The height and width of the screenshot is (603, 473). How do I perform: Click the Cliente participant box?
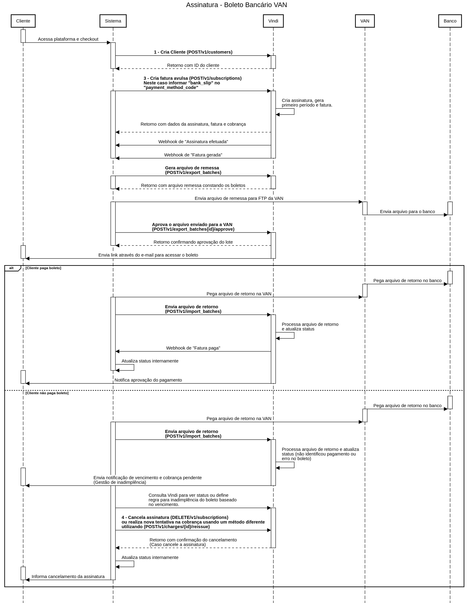[x=23, y=21]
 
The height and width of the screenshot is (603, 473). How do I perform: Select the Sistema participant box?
[x=113, y=21]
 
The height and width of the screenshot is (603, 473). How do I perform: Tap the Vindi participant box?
[x=273, y=21]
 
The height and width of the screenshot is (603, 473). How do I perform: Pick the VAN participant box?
[x=365, y=21]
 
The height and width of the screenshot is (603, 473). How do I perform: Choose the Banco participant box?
[x=450, y=21]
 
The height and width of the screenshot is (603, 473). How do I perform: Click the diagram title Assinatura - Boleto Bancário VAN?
[x=236, y=5]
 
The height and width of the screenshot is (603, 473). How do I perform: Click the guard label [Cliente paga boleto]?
[x=43, y=268]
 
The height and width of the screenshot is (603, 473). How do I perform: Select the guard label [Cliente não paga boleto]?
[x=47, y=393]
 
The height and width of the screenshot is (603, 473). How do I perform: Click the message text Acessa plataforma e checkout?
[x=68, y=39]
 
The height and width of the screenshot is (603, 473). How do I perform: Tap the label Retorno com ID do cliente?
[x=193, y=65]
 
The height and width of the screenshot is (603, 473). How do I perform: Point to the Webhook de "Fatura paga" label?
[x=193, y=348]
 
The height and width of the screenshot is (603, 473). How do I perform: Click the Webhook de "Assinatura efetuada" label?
[x=193, y=142]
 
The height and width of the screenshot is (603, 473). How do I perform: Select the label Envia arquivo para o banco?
[x=407, y=212]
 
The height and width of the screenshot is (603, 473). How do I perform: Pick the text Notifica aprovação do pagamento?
[x=148, y=380]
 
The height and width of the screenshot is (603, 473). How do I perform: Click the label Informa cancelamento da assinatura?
[x=68, y=577]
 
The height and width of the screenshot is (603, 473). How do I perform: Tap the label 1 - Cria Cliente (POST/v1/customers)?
[x=193, y=52]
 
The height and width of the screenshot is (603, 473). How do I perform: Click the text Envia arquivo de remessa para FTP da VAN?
[x=239, y=198]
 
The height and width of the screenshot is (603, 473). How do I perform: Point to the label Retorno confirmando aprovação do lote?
[x=193, y=242]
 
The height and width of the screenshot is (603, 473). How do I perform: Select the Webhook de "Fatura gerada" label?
[x=193, y=155]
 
